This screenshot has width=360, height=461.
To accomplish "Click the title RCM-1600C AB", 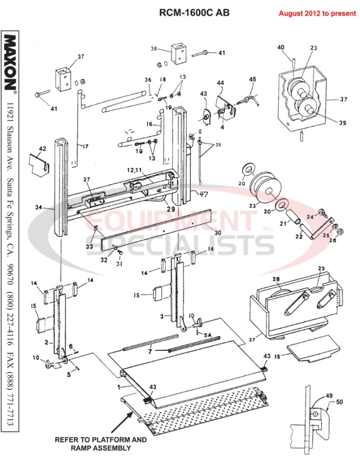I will click(194, 13).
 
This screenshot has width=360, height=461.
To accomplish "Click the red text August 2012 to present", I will click(317, 13).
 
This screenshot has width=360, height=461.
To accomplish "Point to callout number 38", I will click(154, 49).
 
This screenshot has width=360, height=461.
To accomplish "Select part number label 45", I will click(252, 80).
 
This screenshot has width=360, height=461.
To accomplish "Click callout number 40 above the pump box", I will click(280, 47).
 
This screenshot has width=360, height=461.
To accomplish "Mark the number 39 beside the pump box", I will click(343, 123).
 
